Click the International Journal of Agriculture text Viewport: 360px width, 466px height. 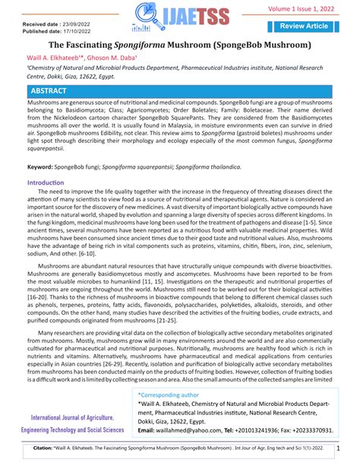pos(73,418)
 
